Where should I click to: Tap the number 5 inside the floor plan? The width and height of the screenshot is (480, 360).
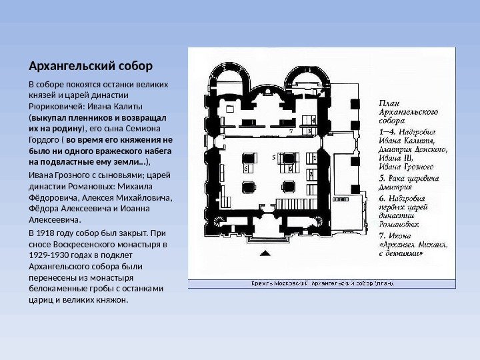274,157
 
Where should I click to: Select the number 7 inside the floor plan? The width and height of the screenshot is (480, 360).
291,132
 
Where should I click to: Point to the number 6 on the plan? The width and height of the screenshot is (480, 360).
246,169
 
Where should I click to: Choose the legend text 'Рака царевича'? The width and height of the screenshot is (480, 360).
414,179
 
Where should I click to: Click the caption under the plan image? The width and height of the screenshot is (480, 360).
321,283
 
